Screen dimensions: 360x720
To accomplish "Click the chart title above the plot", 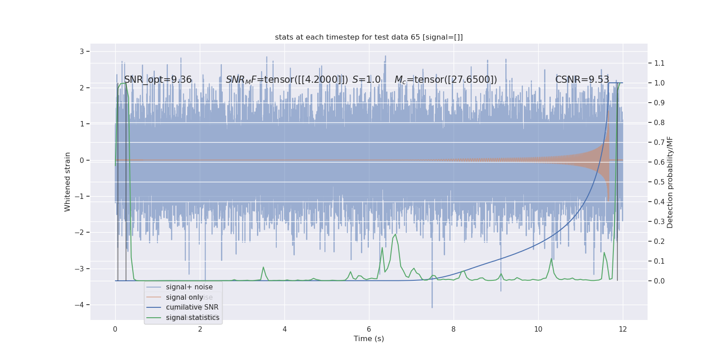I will point(369,37).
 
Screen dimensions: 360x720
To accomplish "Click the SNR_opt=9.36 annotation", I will point(158,80).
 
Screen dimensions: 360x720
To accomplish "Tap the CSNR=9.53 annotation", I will point(582,80).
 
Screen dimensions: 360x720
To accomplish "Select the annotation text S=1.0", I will point(366,80).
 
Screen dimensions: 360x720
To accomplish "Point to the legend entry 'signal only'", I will point(184,297).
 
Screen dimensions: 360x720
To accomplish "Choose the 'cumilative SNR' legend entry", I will point(192,307).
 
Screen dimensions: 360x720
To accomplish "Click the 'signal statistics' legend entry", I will point(193,318).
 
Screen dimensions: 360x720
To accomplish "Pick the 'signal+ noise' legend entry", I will point(189,287).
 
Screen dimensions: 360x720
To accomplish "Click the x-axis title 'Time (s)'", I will point(369,339).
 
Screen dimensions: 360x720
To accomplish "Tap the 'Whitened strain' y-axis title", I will point(67,182).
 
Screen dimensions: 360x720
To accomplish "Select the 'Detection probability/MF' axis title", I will point(670,182).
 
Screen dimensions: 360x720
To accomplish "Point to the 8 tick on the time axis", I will point(454,329).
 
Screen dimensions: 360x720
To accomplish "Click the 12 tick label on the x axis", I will point(623,329).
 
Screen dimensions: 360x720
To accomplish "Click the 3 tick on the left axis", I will point(82,51).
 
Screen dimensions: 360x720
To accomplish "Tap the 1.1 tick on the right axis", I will point(659,63).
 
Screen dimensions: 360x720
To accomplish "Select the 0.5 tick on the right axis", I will point(659,182).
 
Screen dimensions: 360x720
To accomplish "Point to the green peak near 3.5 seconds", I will point(263,267).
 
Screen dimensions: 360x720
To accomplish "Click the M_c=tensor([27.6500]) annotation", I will point(445,80).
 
